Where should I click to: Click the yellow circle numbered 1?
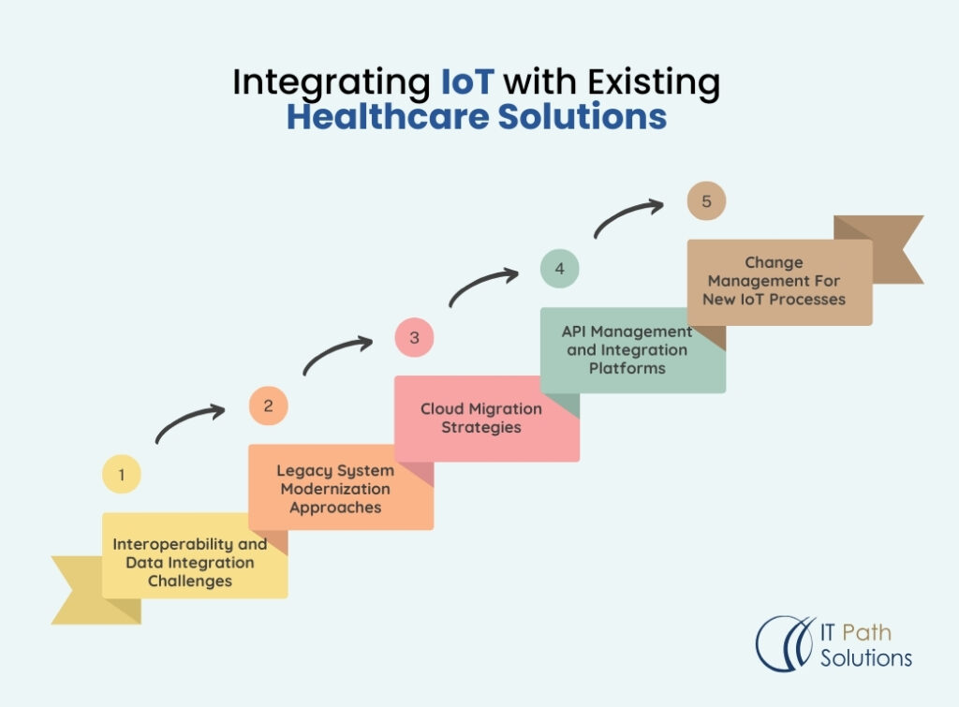121,475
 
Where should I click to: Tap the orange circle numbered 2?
268,405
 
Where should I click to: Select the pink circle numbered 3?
414,337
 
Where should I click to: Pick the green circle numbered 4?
559,269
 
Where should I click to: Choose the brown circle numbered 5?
706,201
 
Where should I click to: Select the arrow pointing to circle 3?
336,352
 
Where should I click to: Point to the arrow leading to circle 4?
482,285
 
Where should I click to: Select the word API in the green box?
576,331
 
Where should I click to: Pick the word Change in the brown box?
774,262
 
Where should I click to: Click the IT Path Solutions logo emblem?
783,643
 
